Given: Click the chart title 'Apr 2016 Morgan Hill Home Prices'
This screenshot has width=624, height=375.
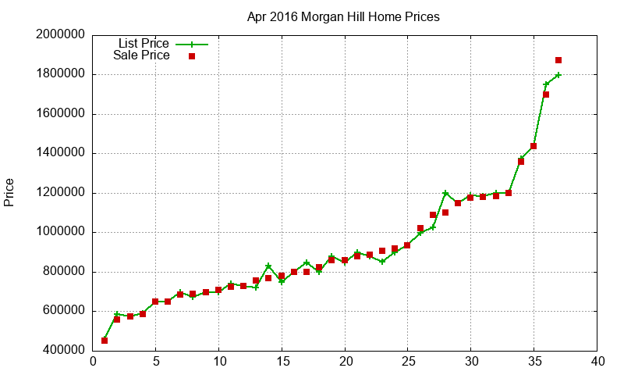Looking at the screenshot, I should [343, 16].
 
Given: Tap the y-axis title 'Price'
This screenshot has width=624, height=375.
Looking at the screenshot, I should [9, 192].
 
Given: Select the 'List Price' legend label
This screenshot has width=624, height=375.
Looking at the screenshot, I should [144, 43].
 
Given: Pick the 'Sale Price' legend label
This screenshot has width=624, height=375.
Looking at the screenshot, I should [141, 55].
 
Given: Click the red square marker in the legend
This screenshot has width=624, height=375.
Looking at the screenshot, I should [192, 56].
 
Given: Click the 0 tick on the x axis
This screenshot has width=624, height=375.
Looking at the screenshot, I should [93, 362].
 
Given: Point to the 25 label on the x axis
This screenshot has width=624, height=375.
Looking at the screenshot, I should [408, 362].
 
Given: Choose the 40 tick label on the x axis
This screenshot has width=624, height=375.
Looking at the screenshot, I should [597, 362].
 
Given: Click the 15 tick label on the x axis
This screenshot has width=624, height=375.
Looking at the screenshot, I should [282, 362].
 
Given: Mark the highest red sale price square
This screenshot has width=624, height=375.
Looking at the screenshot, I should [558, 60].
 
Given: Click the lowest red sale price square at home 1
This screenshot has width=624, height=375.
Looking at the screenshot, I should [105, 341].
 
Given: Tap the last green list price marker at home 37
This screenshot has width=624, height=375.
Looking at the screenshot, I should [558, 75].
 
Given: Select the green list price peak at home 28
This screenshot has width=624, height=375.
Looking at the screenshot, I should [445, 193].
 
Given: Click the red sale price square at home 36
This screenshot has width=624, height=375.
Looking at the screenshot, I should [546, 95].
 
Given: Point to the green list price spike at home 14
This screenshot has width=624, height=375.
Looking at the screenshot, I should [268, 266].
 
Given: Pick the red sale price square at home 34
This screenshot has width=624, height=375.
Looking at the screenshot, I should [521, 162].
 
